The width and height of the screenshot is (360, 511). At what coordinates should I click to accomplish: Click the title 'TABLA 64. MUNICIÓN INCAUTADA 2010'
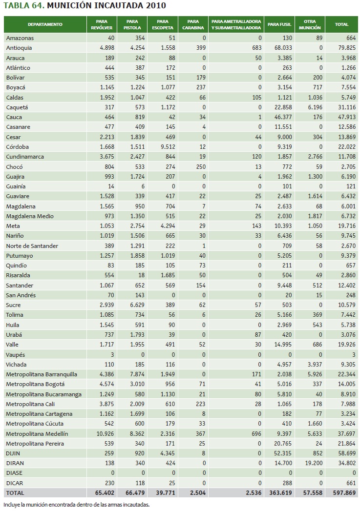tap(84, 6)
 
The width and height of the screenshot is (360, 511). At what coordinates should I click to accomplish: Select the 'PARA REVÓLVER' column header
tap(102, 24)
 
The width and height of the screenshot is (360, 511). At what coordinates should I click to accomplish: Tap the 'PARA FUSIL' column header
tap(279, 24)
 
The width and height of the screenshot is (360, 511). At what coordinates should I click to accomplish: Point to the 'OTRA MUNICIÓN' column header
tap(310, 24)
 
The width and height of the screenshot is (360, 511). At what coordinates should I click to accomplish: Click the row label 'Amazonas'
tap(20, 38)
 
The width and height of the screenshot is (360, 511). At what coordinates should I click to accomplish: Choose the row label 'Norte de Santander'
tap(32, 245)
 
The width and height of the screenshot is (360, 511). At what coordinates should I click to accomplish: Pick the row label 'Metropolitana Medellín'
tap(37, 433)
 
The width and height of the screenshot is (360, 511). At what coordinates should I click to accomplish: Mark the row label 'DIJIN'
tap(13, 453)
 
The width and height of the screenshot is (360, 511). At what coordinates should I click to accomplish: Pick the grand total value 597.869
tap(343, 493)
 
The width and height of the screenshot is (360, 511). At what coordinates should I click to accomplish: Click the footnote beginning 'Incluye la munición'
tap(76, 505)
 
